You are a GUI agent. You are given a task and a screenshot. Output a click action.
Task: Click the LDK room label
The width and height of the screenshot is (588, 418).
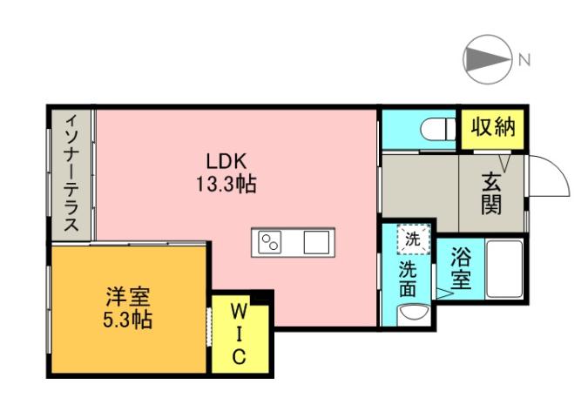tap(227, 161)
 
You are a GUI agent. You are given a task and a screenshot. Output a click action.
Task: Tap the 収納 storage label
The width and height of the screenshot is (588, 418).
tap(493, 128)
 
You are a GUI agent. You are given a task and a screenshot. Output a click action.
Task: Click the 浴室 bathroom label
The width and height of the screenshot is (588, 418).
tap(461, 269)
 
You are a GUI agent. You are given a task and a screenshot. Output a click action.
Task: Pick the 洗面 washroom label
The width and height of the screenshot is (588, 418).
tap(409, 278)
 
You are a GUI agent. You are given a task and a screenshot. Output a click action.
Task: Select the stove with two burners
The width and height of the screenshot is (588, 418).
tap(271, 242)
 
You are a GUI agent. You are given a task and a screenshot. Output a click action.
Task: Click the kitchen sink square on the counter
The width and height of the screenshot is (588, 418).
tap(315, 242)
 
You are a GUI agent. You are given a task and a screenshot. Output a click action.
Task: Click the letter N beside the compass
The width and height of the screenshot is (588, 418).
tap(524, 60)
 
